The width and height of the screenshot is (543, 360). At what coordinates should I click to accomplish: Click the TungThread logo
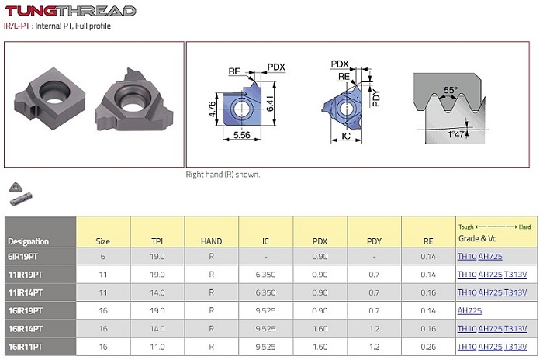point(70,11)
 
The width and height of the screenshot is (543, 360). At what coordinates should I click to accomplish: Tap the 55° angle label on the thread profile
point(451,90)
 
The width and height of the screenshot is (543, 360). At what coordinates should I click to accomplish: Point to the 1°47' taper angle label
point(457,134)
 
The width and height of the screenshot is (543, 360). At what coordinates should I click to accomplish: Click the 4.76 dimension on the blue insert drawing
point(213,109)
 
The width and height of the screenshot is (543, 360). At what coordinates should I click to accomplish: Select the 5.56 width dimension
point(242,135)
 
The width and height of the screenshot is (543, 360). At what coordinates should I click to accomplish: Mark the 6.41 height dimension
point(270,103)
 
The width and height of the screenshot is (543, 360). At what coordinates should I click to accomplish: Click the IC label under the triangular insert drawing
point(346,136)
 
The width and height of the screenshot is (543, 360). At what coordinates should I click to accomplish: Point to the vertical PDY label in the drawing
point(376,98)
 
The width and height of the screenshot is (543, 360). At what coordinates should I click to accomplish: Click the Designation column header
point(28,241)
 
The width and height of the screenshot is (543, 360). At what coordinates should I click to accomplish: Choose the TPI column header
point(157,241)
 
